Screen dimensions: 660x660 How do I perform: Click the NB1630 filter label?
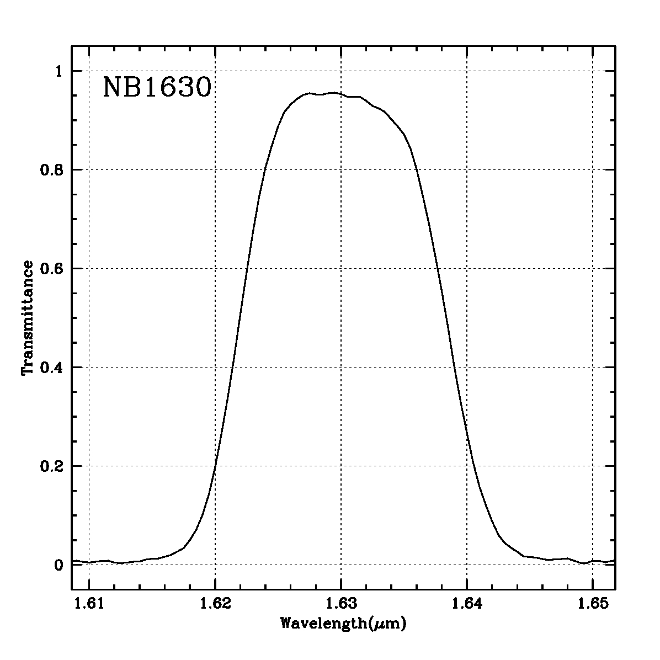157,88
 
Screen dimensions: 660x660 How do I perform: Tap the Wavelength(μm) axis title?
344,624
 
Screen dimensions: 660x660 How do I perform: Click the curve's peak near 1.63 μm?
333,93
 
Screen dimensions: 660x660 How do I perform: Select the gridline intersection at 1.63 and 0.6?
341,268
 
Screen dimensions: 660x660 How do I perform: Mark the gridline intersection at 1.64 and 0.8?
467,169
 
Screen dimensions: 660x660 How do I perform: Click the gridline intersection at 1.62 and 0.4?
215,367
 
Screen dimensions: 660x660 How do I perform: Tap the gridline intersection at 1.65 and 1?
593,71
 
